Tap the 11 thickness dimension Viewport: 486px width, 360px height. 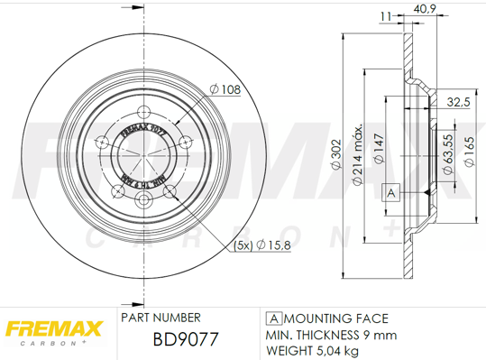tap(386, 14)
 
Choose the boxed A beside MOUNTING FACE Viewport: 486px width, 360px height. tap(271, 318)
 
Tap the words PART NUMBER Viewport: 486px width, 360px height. tap(160, 318)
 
